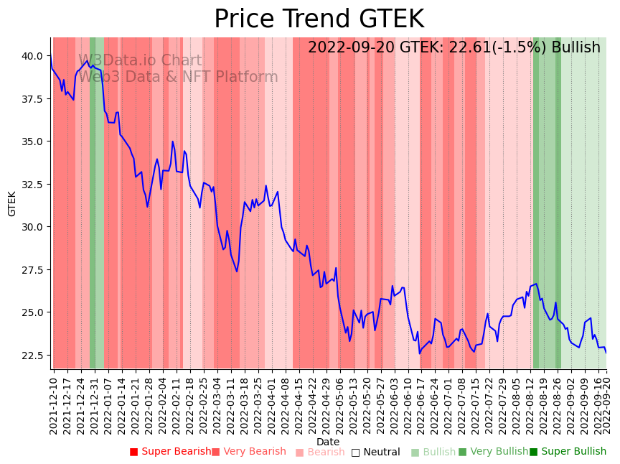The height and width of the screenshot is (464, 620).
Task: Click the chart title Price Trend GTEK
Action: pos(319,19)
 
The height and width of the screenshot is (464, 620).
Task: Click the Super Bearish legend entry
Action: pos(171,452)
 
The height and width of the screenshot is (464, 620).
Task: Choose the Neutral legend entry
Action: pos(375,452)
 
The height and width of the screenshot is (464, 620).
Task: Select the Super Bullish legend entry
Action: pos(568,452)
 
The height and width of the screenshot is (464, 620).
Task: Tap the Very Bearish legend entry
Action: pos(249,452)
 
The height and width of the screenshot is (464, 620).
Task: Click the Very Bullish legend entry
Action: pos(493,452)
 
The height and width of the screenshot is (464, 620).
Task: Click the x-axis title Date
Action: pos(328,442)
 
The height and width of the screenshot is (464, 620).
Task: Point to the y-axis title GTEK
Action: pos(12,204)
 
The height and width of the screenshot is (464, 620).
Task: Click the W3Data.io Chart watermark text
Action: pos(140,61)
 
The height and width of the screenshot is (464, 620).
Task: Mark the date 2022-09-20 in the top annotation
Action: pos(351,48)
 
